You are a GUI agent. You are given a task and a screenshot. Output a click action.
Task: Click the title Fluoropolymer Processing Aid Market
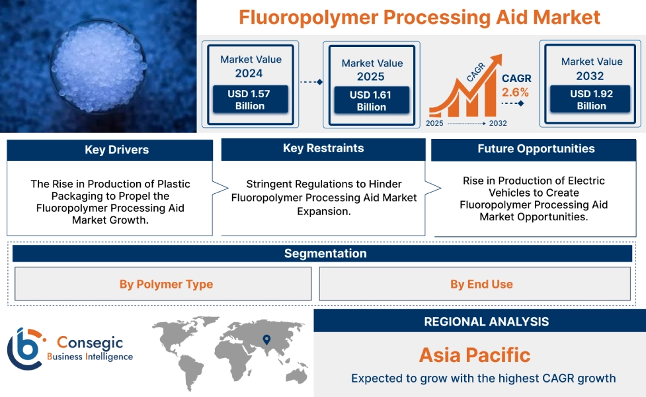[x=419, y=17]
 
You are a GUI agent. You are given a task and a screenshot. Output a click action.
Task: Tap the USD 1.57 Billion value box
[x=250, y=100]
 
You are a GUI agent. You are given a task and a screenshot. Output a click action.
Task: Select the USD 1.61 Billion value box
[x=370, y=101]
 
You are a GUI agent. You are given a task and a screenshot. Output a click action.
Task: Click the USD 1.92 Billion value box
[x=591, y=100]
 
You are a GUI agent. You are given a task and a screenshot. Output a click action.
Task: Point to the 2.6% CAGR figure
[x=516, y=93]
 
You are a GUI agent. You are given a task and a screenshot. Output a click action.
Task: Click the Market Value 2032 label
[x=591, y=68]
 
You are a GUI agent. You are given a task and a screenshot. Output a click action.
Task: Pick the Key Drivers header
[x=110, y=150]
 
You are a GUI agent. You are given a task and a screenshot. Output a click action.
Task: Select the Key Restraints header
[x=323, y=149]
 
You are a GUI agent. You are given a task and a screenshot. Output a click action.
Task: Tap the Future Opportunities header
[x=536, y=150]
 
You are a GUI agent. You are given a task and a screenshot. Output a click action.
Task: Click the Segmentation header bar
[x=325, y=253]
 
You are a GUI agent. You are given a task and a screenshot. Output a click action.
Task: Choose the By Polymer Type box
[x=166, y=285]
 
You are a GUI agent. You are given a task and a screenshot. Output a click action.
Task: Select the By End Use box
[x=481, y=285]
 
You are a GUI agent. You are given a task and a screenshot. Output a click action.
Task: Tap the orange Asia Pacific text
[x=475, y=355]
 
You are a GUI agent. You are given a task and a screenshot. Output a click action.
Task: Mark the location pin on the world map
[x=266, y=340]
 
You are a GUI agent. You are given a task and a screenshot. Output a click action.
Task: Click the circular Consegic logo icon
[x=25, y=348]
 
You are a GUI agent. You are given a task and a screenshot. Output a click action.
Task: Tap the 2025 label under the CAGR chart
[x=435, y=123]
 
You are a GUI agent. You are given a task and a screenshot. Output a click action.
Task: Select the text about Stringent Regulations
[x=323, y=197]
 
